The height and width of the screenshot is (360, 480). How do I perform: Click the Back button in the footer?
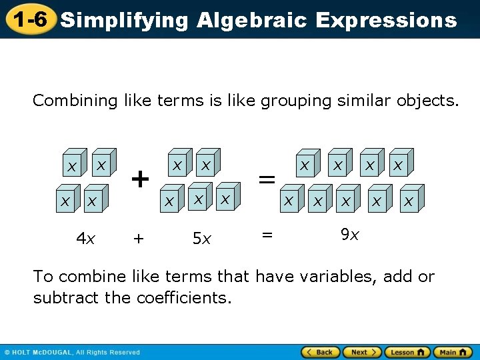pos(321,352)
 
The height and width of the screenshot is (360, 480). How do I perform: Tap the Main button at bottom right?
pos(453,352)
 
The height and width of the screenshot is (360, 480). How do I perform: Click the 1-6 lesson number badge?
pos(28,19)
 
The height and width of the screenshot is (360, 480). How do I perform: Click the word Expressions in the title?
pos(386,21)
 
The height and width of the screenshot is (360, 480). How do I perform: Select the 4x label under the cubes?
pos(85,238)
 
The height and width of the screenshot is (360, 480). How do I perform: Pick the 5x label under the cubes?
pos(201,238)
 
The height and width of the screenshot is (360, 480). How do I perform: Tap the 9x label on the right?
pos(350,235)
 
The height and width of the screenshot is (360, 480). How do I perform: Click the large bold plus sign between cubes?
pos(139,179)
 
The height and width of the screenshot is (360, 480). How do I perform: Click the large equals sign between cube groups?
pos(267,179)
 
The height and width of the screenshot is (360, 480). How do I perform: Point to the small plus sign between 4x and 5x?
pos(138,238)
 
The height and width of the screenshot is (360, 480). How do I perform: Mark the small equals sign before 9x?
pos(267,233)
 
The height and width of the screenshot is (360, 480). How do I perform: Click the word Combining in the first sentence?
pos(75,101)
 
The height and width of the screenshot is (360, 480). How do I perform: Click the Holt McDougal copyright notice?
pos(72,352)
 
